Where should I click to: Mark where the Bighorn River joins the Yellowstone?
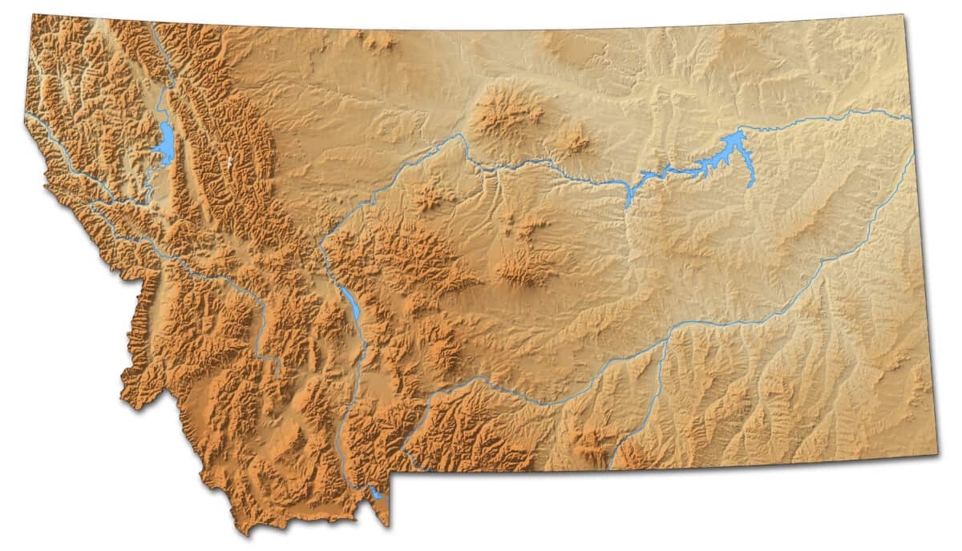click(x=665, y=341)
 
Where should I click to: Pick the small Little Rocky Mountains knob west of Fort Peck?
click(x=574, y=143)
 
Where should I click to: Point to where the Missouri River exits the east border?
click(x=910, y=119)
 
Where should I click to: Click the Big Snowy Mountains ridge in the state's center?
click(x=525, y=268)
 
